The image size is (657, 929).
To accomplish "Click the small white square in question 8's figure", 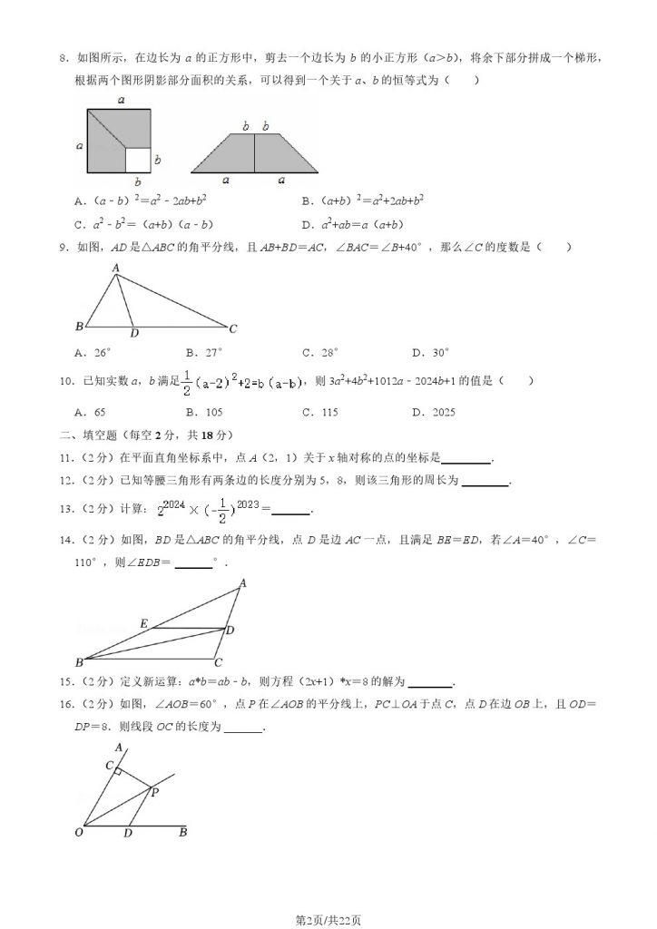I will coord(137,160).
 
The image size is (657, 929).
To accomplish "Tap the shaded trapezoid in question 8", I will coord(254,153).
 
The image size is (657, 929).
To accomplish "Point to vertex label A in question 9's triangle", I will coord(116,268).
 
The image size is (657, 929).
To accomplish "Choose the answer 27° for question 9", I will coord(204,352).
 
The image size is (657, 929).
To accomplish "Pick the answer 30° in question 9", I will coord(430,352).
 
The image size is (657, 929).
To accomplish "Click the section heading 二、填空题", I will coord(87,434).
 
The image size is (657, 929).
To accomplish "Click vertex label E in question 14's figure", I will coord(143,623).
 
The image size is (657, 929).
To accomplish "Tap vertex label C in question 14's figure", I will coord(217,663).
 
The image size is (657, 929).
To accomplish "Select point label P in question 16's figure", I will coord(154,792).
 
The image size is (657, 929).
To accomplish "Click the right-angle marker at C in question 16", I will coord(117,772).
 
